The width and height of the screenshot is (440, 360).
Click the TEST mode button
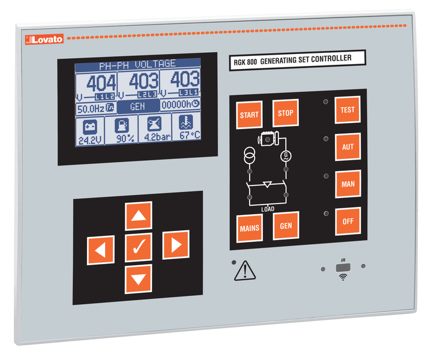click(x=348, y=110)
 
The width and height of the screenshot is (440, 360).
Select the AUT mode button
click(x=348, y=146)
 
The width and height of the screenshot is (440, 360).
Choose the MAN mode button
click(x=348, y=184)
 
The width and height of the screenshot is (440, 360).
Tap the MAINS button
click(x=249, y=227)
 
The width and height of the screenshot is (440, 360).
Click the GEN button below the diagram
click(x=286, y=225)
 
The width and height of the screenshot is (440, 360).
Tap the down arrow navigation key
click(x=138, y=279)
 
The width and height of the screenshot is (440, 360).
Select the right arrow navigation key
click(x=175, y=245)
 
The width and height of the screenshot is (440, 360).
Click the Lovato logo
click(x=43, y=40)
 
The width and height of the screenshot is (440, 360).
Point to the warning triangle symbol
click(x=244, y=271)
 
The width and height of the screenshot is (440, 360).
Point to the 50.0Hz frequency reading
click(x=91, y=109)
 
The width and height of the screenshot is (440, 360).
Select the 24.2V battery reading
click(x=88, y=140)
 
